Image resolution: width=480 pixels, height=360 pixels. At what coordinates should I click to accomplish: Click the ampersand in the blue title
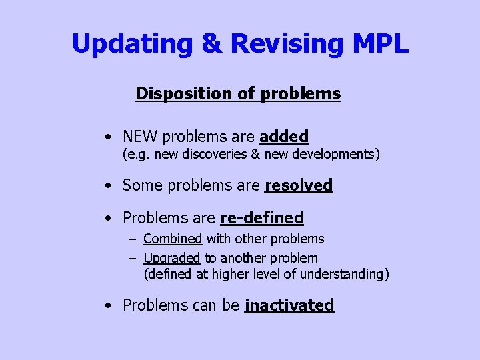[213, 44]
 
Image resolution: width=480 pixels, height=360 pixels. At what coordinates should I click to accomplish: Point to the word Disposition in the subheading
[185, 93]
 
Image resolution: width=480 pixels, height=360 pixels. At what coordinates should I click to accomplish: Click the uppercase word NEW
[140, 137]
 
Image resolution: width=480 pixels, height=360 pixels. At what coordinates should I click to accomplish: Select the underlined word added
[283, 137]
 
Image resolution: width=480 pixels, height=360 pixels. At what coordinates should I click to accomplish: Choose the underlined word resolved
[298, 185]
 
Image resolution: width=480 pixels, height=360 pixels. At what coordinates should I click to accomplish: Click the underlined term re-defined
[261, 217]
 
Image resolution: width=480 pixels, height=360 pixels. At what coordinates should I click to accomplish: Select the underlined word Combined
[172, 239]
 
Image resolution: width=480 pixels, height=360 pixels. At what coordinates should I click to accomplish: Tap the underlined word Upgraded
[171, 258]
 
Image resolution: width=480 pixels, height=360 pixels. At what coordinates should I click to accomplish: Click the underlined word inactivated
[289, 305]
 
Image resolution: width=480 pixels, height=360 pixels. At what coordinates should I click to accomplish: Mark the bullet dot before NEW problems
[107, 137]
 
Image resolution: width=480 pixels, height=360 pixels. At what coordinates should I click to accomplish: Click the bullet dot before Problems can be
[107, 305]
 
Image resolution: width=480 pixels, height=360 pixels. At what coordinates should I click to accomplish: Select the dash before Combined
[133, 239]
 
